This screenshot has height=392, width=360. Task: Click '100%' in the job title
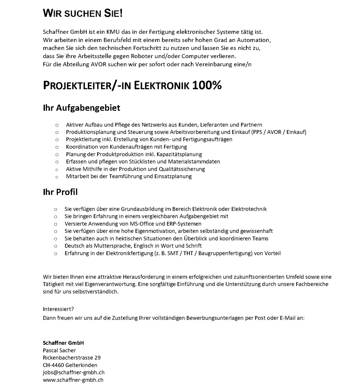(x=207, y=86)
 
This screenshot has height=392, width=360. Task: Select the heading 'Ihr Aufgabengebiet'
(x=81, y=108)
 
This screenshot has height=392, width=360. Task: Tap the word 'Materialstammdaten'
(x=195, y=161)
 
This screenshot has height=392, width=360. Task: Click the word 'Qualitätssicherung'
(x=183, y=169)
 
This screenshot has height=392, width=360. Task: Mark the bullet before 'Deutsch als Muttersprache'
(x=55, y=246)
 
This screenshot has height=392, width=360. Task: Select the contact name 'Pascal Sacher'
(x=59, y=350)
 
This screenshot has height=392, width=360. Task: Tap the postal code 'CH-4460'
(x=53, y=365)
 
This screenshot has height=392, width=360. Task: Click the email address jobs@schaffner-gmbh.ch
(x=73, y=372)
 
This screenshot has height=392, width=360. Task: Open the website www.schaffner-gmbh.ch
(x=73, y=380)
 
